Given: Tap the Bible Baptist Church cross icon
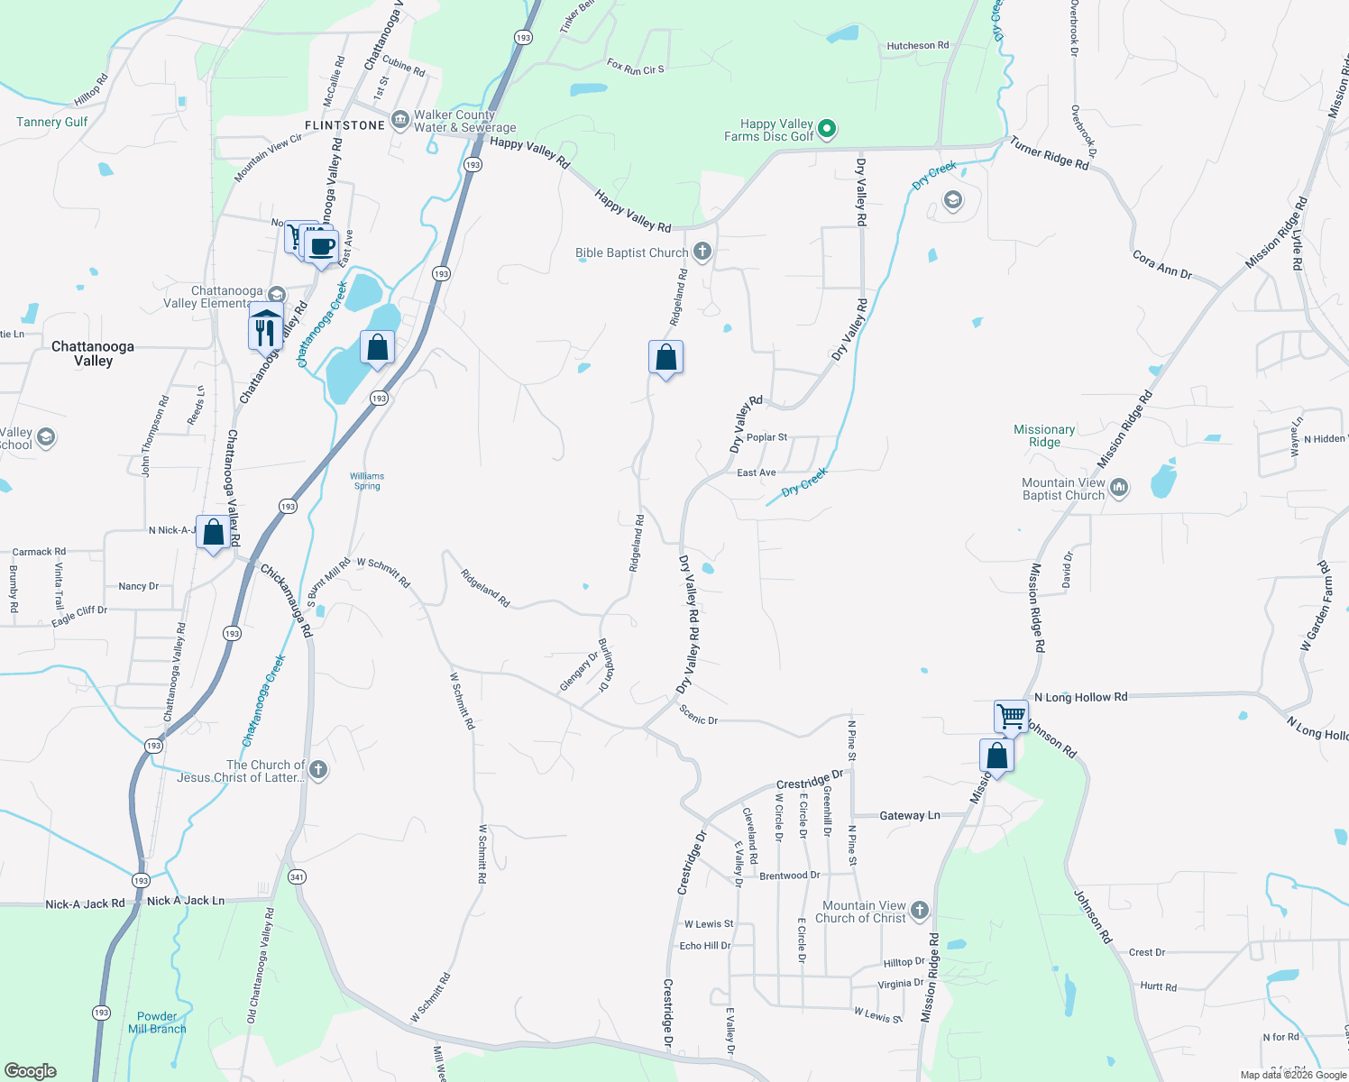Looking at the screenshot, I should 702,252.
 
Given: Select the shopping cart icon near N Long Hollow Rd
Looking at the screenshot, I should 1011,716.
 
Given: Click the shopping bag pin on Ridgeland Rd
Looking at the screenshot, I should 665,358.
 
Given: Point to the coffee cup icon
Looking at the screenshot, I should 322,246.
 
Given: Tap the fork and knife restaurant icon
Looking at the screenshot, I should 264,332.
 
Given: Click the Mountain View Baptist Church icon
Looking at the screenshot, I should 1119,489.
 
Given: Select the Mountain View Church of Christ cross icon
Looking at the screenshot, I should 919,911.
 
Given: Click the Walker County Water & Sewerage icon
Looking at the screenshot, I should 400,121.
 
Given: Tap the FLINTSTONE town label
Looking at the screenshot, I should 344,125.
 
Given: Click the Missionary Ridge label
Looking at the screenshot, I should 1044,436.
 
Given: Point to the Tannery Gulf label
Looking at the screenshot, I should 52,122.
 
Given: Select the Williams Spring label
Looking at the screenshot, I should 367,481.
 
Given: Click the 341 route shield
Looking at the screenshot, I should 297,876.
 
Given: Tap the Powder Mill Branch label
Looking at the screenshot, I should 157,1022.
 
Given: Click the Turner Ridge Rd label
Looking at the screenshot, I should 1049,152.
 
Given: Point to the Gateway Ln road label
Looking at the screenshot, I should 909,815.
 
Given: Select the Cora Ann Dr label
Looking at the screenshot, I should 1162,264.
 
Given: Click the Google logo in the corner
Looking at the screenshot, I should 30,1071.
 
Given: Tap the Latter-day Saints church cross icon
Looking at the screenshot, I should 317,770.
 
